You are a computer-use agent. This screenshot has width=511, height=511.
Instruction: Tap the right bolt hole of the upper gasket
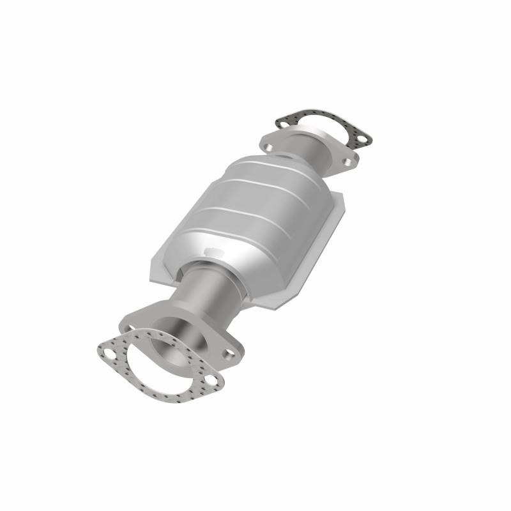[362, 137]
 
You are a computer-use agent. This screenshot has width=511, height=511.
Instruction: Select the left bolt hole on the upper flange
[269, 147]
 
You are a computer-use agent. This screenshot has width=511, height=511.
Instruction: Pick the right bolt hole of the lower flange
[228, 353]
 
